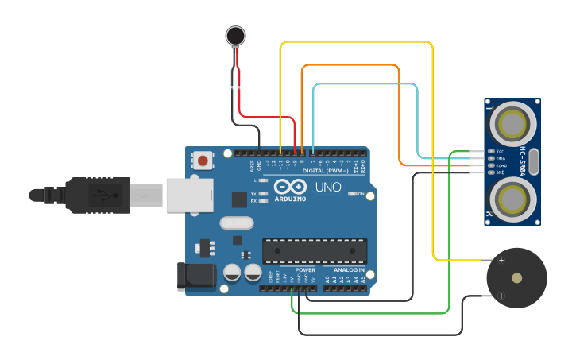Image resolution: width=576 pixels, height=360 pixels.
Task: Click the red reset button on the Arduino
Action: [203, 161]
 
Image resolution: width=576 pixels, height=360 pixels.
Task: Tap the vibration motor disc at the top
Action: [235, 35]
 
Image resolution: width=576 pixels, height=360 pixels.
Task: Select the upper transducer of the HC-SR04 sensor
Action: [512, 124]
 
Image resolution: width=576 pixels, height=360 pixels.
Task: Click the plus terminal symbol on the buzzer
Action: [501, 260]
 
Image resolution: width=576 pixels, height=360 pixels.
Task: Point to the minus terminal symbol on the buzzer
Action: [501, 296]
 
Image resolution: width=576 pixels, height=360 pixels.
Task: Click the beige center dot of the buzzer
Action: [517, 278]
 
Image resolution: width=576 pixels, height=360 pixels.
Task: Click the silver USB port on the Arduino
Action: [190, 195]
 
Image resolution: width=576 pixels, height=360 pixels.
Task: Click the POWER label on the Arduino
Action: [305, 270]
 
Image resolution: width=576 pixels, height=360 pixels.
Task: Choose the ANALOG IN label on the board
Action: [349, 270]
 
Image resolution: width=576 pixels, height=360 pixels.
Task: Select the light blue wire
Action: [365, 83]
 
